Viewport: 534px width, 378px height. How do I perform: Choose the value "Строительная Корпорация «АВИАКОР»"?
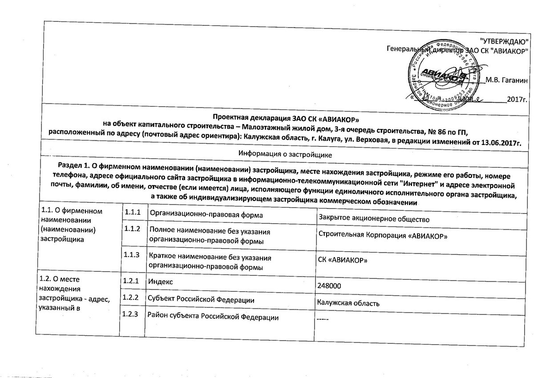pos(383,236)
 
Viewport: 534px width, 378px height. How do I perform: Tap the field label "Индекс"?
pos(161,281)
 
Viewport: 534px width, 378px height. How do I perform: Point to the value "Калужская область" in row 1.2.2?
pos(348,304)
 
